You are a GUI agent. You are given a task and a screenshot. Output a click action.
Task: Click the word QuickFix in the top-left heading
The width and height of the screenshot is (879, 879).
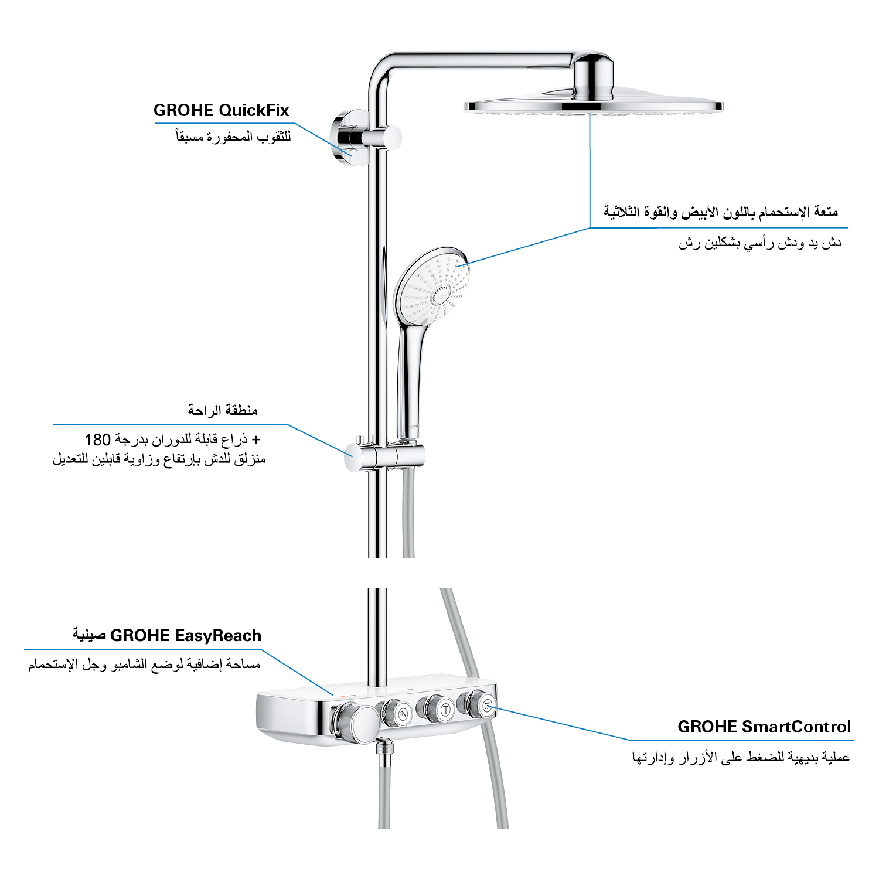tap(254, 111)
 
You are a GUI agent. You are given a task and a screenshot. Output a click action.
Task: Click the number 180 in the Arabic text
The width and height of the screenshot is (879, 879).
tap(98, 439)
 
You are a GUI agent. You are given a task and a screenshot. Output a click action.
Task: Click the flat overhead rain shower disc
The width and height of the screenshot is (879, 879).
tap(593, 105)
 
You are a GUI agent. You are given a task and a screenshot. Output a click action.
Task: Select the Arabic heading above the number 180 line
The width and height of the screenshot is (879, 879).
tap(223, 410)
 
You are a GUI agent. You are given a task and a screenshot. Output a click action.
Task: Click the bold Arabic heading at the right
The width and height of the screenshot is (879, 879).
tap(721, 212)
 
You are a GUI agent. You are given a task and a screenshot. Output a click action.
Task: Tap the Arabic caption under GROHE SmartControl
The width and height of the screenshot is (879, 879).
tap(741, 758)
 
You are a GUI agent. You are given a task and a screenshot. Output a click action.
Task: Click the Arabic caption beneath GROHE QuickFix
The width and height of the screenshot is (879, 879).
tap(234, 137)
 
